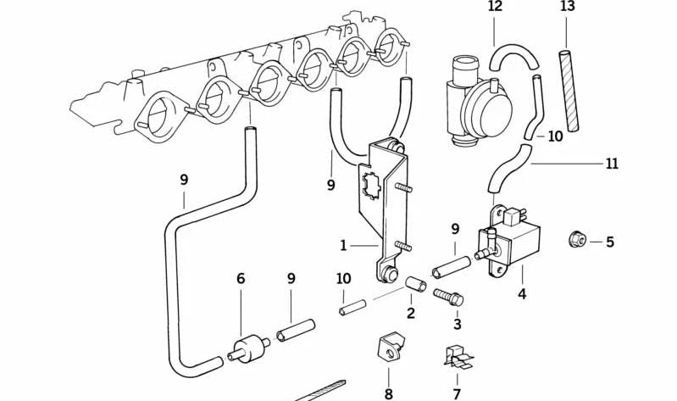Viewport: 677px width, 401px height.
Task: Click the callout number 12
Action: [x=495, y=7]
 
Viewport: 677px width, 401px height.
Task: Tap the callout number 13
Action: [x=567, y=7]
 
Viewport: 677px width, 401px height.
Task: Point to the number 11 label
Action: [x=611, y=163]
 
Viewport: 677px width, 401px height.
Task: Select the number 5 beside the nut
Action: [x=609, y=242]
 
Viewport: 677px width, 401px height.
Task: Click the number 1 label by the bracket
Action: [x=343, y=246]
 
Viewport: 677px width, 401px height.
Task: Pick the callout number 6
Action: [x=241, y=278]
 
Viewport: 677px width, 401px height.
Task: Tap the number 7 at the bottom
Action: [x=457, y=393]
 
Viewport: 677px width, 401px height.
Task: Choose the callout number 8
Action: [x=389, y=393]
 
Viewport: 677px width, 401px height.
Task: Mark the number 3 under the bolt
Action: [x=457, y=324]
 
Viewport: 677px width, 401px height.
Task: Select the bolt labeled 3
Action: [x=448, y=297]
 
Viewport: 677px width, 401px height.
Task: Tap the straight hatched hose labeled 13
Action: [x=569, y=91]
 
